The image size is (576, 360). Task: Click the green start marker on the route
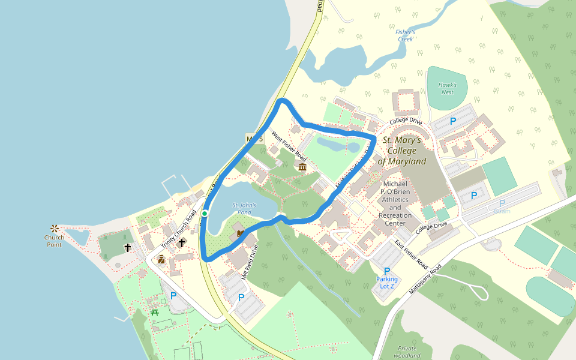205,214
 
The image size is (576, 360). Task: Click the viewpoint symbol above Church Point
55,228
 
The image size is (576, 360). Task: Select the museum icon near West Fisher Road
302,167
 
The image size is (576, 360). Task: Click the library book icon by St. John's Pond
241,233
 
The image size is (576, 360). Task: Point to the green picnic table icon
155,311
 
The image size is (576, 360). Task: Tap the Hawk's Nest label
447,89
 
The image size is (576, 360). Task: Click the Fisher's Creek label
406,35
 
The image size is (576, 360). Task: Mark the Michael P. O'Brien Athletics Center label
395,202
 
